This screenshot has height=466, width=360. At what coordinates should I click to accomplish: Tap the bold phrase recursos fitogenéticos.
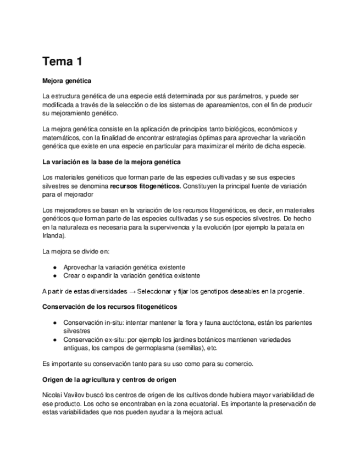(x=145, y=186)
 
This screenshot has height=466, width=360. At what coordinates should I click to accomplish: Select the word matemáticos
(x=62, y=137)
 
